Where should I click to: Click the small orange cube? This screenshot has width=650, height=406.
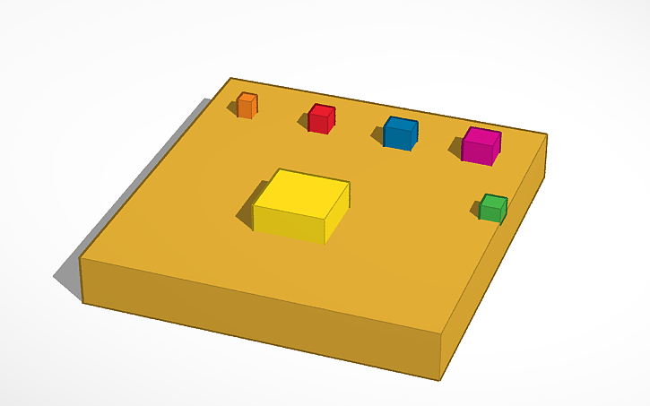coord(247,106)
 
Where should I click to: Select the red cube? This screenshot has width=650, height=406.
coord(321,119)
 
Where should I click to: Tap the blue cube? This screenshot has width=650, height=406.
coord(400,134)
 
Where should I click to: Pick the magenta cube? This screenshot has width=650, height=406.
coord(481,146)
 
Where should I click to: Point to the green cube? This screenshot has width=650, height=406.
coord(492,209)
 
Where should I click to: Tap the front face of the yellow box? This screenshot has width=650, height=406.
coord(289,224)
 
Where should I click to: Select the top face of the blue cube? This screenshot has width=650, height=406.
coord(402,124)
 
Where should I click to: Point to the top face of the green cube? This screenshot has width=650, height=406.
coord(493,200)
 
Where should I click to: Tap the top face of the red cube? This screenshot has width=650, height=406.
coord(323,110)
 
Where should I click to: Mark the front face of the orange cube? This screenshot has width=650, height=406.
coord(245,108)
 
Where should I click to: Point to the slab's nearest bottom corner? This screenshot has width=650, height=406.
coord(440,379)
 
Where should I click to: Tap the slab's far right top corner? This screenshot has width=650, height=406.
coord(546,135)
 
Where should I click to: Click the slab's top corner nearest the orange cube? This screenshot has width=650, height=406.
coord(230,78)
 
